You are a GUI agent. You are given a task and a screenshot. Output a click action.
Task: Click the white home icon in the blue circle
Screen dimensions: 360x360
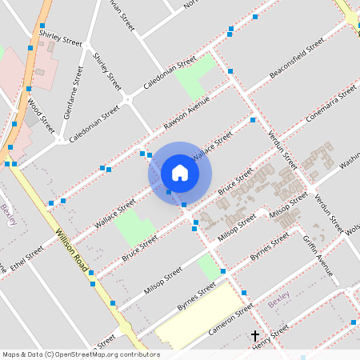point(180,172)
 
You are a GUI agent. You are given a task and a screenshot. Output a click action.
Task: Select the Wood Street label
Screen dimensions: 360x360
point(40,115)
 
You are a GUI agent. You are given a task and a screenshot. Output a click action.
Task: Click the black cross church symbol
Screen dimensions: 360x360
point(256,337)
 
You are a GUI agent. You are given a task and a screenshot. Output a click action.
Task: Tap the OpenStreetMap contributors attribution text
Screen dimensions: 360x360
point(81,354)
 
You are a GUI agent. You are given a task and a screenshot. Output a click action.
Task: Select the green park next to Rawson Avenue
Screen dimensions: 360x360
point(195,77)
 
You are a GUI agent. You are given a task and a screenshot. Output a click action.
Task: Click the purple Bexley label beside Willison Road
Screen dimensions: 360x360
point(9,214)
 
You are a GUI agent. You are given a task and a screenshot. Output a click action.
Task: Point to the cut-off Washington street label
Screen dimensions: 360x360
point(350,164)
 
